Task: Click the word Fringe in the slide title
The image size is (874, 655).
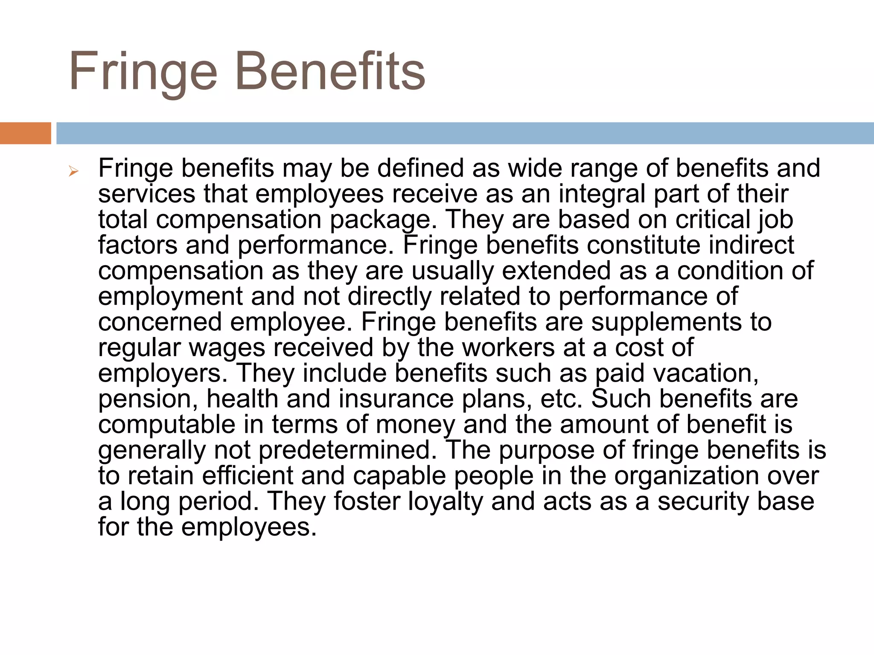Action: pos(143,72)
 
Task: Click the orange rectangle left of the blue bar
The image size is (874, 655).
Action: pos(25,133)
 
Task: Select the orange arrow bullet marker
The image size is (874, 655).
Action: pos(73,172)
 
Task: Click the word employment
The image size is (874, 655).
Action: pos(170,297)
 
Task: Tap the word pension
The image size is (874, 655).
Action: pos(148,400)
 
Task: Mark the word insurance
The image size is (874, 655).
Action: pos(396,399)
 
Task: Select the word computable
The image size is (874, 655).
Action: pos(167,425)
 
